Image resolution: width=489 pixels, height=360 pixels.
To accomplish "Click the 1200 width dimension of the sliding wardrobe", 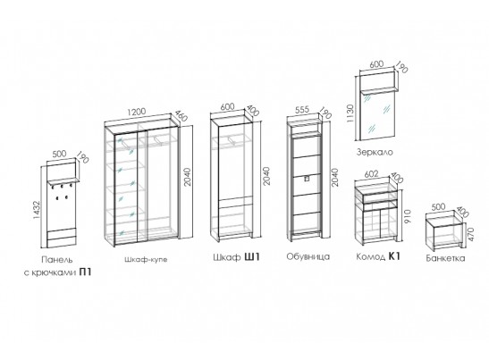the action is pyautogui.click(x=137, y=112).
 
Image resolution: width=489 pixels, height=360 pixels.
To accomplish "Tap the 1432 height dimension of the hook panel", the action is pyautogui.click(x=37, y=210).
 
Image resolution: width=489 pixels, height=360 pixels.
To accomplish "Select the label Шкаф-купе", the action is pyautogui.click(x=146, y=259).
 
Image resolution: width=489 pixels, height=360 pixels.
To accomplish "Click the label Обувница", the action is pyautogui.click(x=308, y=257).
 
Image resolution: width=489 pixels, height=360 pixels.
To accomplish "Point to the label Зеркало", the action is pyautogui.click(x=375, y=152).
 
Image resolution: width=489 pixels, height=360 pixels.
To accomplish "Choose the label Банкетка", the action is pyautogui.click(x=445, y=258).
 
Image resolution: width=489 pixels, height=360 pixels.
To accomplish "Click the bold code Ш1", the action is pyautogui.click(x=251, y=257).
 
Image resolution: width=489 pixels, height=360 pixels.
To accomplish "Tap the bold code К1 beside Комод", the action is pyautogui.click(x=394, y=256).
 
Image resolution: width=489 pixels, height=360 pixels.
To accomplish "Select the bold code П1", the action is pyautogui.click(x=86, y=272).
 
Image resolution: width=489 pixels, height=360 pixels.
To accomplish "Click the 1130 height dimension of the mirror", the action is pyautogui.click(x=350, y=113).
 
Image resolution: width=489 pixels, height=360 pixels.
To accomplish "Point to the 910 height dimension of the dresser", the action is pyautogui.click(x=408, y=216).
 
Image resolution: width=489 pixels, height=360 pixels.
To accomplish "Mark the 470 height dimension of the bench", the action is pyautogui.click(x=470, y=234).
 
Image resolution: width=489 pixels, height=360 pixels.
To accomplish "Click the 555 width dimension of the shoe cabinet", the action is pyautogui.click(x=302, y=110).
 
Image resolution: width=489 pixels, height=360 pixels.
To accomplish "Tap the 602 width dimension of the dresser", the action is pyautogui.click(x=371, y=173).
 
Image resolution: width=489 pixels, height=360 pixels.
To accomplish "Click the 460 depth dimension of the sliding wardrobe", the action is pyautogui.click(x=181, y=115).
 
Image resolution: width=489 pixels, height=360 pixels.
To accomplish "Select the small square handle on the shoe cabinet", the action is pyautogui.click(x=307, y=179).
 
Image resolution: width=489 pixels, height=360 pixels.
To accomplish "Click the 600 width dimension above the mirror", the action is pyautogui.click(x=376, y=65).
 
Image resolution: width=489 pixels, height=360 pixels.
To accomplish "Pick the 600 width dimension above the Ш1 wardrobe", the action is pyautogui.click(x=227, y=106).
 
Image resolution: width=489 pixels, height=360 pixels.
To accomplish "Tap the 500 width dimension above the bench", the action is pyautogui.click(x=438, y=206).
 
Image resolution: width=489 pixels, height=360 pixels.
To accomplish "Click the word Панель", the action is pyautogui.click(x=57, y=259).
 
